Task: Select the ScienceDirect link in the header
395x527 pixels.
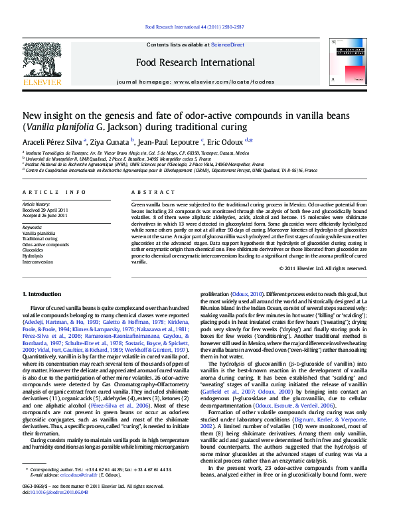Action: point(228,44)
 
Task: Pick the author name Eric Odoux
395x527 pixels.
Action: point(225,141)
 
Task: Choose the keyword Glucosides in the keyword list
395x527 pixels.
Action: point(35,250)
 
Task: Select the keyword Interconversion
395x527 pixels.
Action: point(39,262)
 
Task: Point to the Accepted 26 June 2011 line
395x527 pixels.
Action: point(45,216)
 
